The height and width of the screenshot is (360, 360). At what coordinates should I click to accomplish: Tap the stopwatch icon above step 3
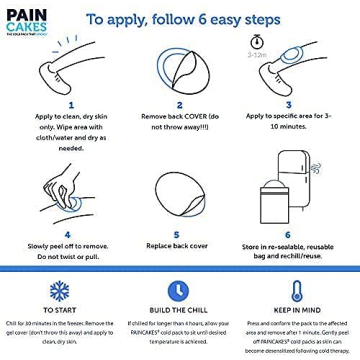(x=257, y=42)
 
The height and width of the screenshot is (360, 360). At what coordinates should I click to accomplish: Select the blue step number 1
(x=70, y=105)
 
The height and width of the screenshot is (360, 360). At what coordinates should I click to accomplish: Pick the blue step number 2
(x=179, y=105)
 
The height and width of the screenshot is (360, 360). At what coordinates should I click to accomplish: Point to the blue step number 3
(x=288, y=105)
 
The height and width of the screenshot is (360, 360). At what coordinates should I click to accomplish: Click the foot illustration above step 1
(x=68, y=72)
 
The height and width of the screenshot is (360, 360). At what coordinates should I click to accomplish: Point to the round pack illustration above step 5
(x=178, y=190)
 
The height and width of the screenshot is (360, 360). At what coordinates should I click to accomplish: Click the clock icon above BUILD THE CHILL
(x=177, y=289)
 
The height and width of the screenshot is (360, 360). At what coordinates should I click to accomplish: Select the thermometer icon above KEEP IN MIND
(x=296, y=289)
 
